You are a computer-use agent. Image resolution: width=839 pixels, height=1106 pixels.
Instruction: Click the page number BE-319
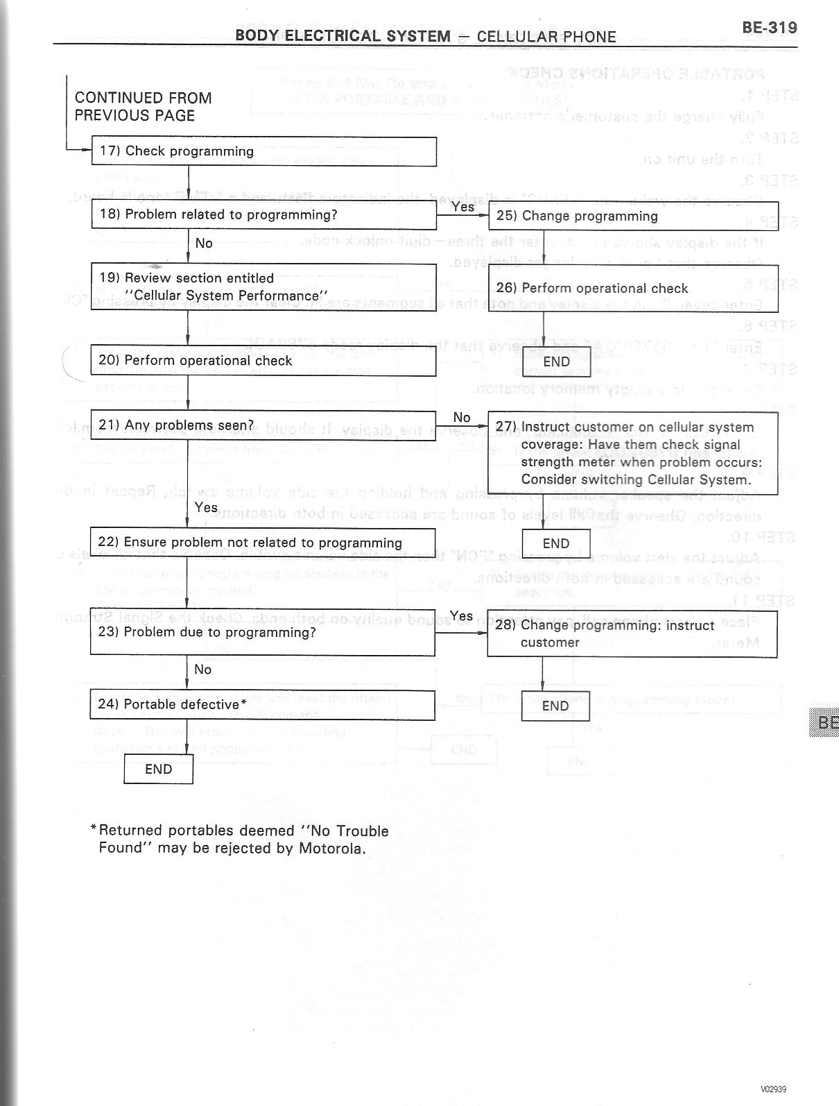point(769,27)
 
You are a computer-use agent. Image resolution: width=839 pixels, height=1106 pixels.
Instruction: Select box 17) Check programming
point(263,151)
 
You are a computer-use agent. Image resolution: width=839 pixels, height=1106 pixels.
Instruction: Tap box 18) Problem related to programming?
point(263,214)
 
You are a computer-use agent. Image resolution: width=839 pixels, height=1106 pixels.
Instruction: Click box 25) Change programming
point(633,216)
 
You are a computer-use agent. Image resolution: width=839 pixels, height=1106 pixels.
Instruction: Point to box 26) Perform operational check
point(633,288)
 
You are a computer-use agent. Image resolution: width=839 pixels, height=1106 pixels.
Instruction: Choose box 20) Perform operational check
point(263,361)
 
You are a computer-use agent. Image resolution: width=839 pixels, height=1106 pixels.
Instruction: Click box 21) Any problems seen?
point(263,425)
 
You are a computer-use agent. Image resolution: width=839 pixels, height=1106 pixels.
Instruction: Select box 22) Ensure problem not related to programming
point(263,543)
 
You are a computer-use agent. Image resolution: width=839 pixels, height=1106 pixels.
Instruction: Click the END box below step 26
point(556,361)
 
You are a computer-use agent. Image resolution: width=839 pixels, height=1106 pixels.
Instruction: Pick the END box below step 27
point(556,543)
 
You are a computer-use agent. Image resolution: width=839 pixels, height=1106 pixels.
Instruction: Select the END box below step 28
point(555,706)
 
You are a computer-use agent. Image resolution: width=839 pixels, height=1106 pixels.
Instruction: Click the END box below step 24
point(158,769)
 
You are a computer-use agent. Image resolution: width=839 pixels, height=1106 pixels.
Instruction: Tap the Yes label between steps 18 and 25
point(462,206)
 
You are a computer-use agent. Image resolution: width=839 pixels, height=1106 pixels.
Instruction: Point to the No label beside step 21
point(462,417)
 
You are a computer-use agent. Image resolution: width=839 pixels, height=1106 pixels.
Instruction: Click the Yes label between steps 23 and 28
point(461,615)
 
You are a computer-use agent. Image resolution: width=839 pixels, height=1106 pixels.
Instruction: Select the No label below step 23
point(202,669)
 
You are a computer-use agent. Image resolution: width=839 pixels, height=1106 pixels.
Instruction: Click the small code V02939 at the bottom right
point(773,1089)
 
